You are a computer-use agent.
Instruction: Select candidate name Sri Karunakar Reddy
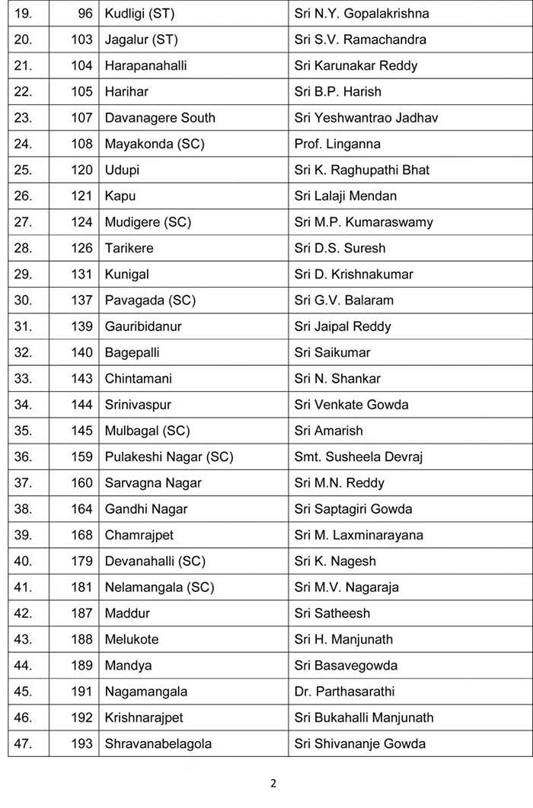356,65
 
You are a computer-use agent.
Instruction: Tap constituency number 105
81,91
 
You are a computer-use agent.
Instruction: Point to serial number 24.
23,144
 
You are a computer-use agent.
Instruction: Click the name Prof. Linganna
337,144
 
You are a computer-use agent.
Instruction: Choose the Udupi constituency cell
122,170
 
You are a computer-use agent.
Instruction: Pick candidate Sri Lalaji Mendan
345,196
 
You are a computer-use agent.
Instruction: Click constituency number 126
81,248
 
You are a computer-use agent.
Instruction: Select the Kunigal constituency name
127,274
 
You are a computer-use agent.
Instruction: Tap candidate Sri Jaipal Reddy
342,326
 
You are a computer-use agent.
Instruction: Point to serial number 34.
23,404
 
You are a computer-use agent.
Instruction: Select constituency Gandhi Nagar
146,508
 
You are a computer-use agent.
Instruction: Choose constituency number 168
81,535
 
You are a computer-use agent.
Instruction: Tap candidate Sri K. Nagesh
335,561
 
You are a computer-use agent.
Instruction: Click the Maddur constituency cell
127,613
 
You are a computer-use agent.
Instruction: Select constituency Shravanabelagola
158,743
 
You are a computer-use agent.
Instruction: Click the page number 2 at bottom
272,784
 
